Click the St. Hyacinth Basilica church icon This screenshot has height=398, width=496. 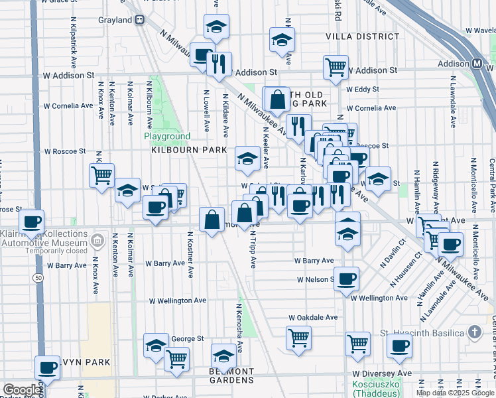475,332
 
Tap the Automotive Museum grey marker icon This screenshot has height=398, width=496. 98,239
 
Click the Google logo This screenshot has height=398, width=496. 22,390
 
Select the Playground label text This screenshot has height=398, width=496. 167,137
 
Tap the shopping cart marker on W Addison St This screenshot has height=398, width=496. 336,66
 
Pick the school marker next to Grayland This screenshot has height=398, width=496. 216,27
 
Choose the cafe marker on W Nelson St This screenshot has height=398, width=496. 345,279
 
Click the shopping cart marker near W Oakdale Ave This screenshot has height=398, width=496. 298,337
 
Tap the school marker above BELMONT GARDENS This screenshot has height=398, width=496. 223,356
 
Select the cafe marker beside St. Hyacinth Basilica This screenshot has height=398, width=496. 399,346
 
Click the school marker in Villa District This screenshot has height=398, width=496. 282,40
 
